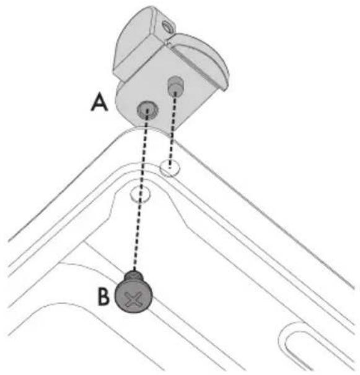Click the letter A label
click(x=99, y=102)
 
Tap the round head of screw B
click(x=133, y=296)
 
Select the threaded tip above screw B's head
click(x=134, y=275)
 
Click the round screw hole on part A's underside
click(x=147, y=110)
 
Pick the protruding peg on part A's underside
click(x=175, y=85)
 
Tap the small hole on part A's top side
click(x=167, y=26)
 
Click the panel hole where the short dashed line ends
click(x=170, y=168)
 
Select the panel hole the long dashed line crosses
click(x=141, y=194)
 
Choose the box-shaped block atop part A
click(x=141, y=43)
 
